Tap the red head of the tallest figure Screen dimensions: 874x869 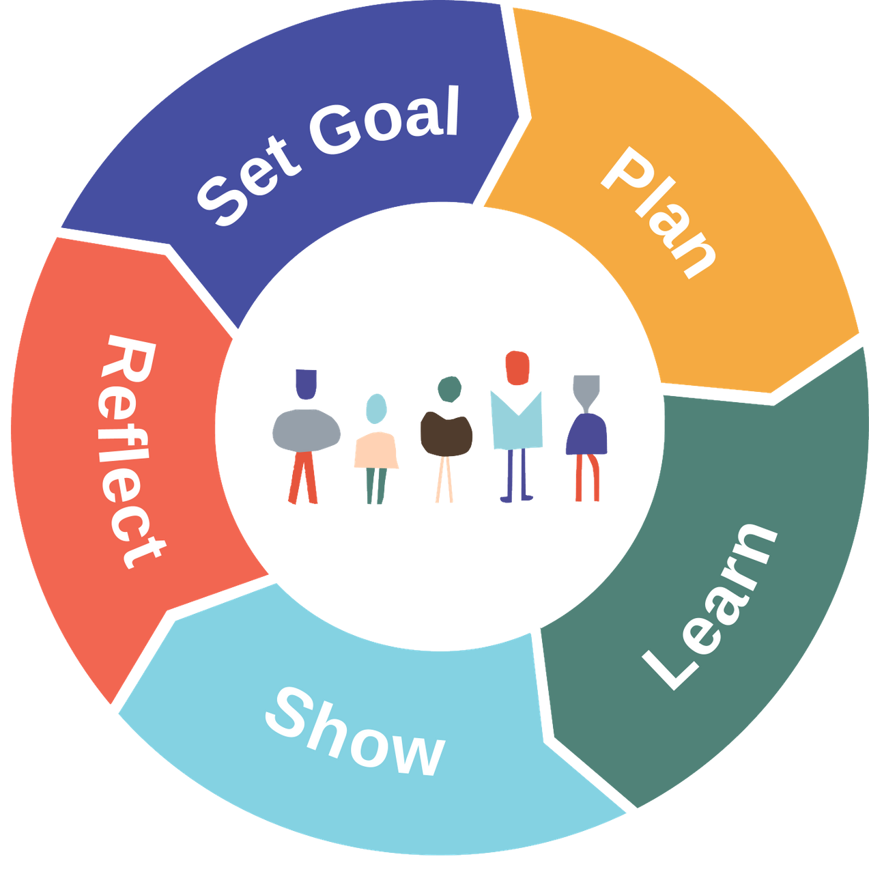516,369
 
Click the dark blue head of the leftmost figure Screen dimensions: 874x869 305,385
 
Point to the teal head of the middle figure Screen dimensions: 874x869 448,389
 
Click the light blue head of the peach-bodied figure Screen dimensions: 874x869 376,408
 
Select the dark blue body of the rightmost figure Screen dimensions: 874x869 586,434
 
